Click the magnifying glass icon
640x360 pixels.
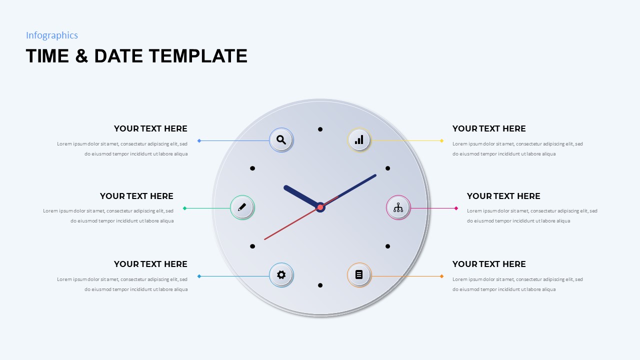281,140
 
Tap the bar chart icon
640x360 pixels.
359,140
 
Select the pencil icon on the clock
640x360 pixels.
242,207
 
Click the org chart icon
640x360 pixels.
398,207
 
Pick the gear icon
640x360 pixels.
281,274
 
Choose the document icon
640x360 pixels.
359,274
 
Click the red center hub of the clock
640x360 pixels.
320,207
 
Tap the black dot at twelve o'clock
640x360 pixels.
320,129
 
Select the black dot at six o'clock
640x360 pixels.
320,285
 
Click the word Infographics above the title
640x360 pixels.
52,35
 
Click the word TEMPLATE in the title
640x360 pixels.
198,56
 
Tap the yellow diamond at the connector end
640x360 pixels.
441,140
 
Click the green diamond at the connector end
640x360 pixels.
184,208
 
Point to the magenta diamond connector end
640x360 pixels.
456,208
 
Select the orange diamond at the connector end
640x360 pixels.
441,276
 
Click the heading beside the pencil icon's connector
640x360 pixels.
136,196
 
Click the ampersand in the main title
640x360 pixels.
81,56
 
